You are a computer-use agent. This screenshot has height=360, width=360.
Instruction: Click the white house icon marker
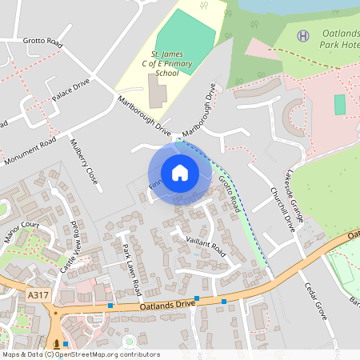[x=180, y=173]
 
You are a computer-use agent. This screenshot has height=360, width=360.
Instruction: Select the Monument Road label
[x=30, y=150]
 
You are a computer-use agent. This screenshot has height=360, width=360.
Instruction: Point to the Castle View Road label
[x=70, y=239]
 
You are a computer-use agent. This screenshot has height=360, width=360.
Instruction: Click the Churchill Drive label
[x=283, y=210]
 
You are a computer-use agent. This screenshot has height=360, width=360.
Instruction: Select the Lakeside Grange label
[x=297, y=193]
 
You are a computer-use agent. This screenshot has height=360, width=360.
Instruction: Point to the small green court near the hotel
[x=340, y=104]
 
